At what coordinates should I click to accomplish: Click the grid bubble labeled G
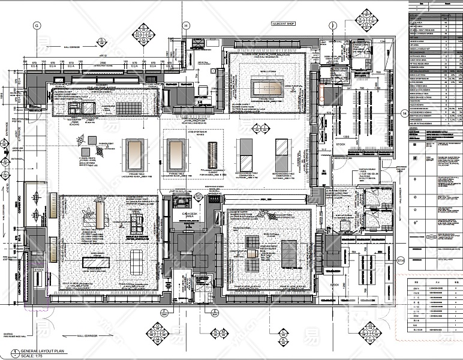click(36, 25)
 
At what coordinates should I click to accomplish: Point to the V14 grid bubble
click(401, 260)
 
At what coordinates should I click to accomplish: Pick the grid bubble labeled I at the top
click(333, 25)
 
